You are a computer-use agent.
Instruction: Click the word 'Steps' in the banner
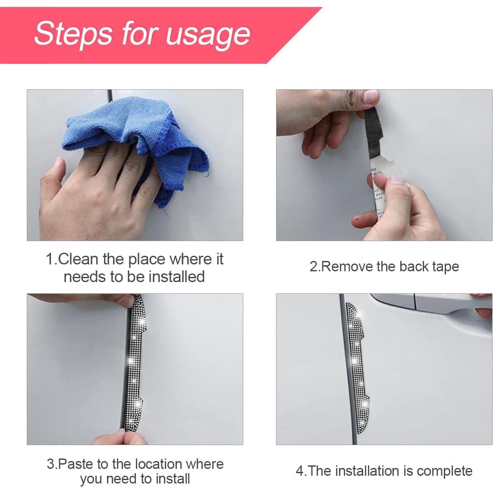[74, 33]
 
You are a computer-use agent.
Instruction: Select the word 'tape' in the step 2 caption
[445, 267]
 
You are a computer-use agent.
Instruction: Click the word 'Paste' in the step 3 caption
[76, 464]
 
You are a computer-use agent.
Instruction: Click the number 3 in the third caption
[51, 464]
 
